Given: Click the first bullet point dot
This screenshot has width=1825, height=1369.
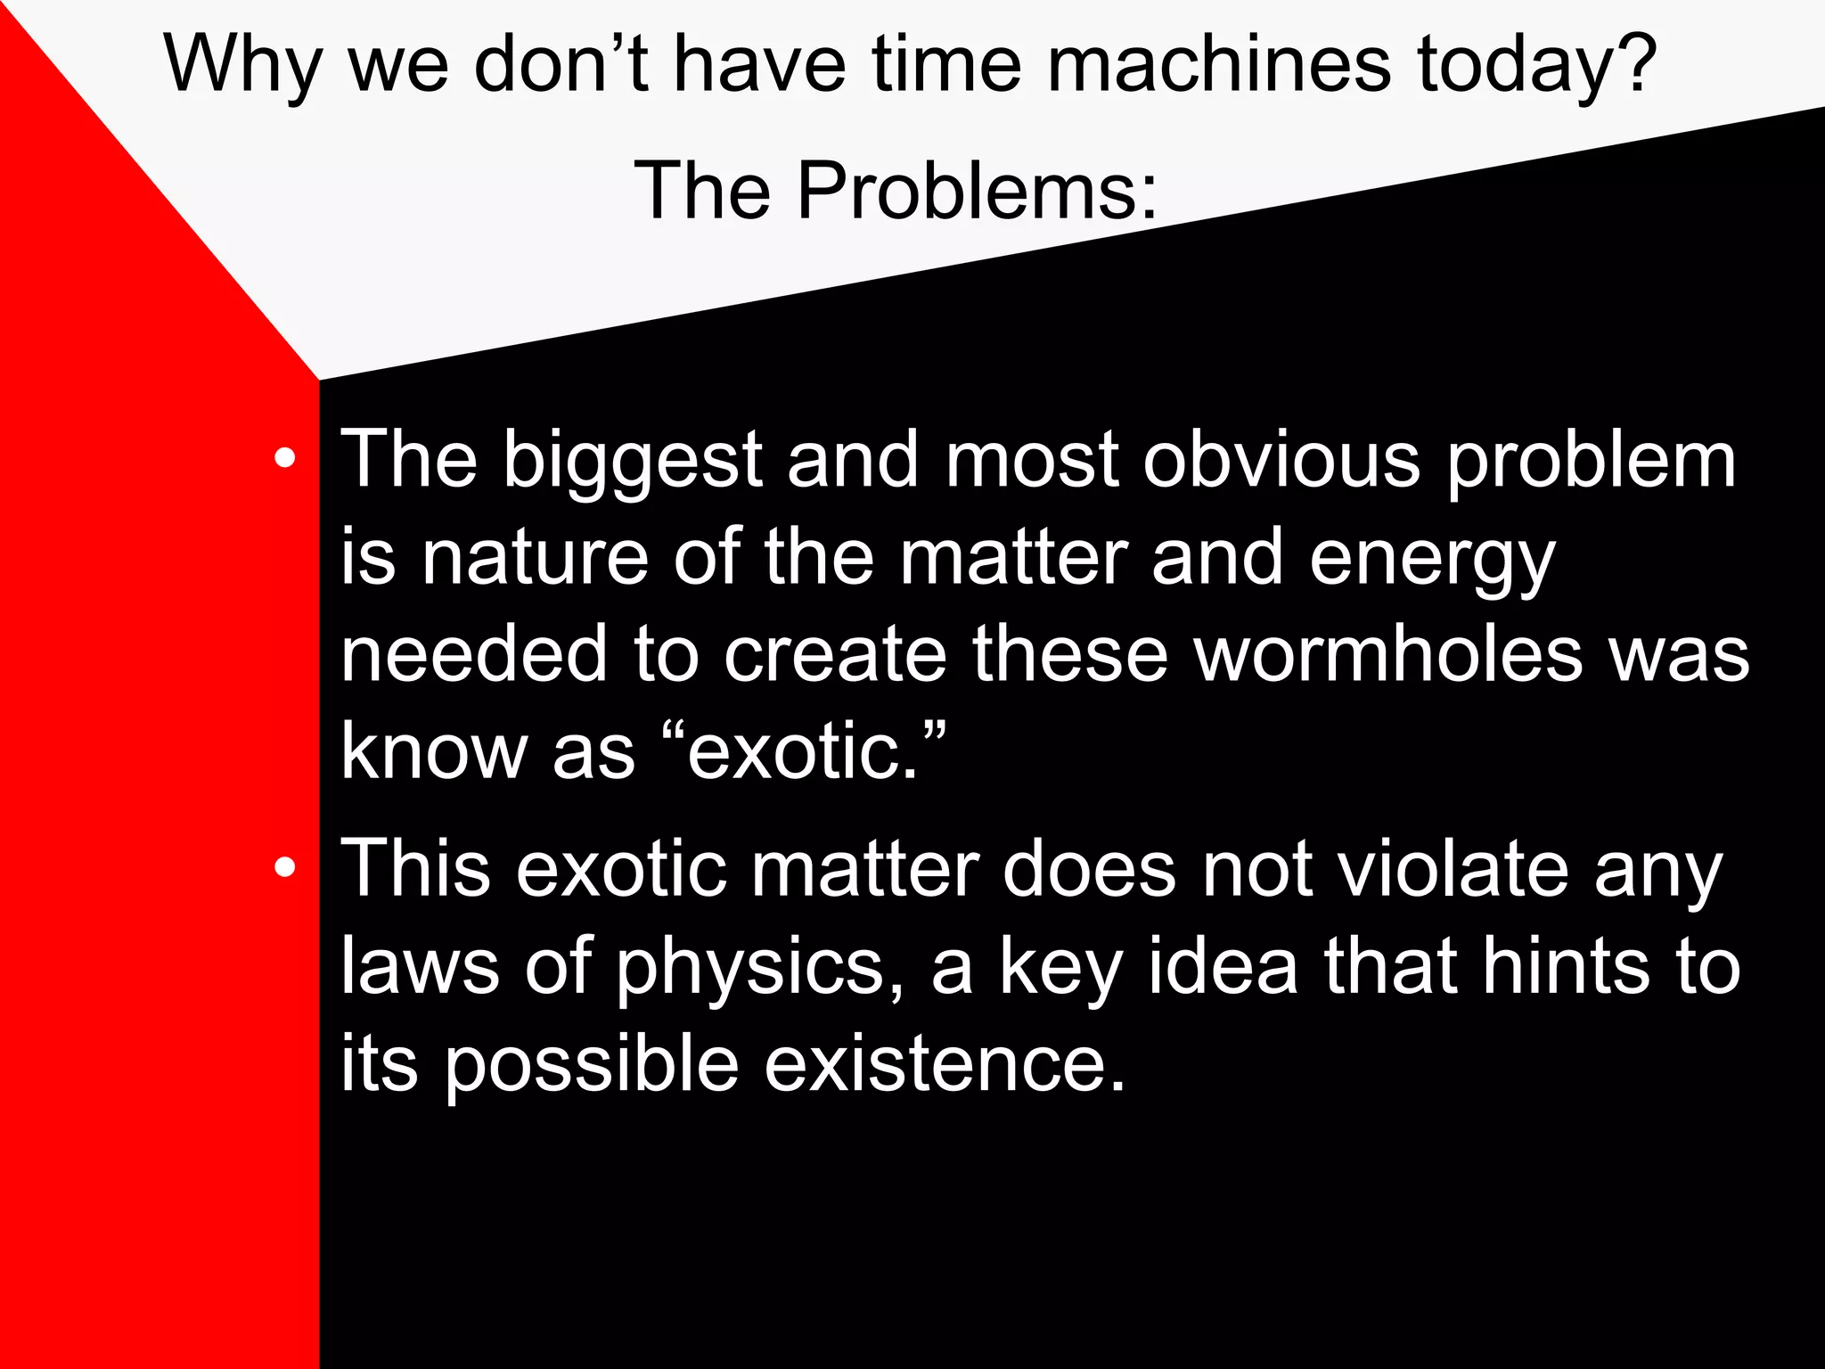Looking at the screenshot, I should (x=284, y=459).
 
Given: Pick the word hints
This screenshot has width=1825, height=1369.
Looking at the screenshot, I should (x=1565, y=966).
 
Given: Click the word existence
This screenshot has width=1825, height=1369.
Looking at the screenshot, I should (x=945, y=1064).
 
